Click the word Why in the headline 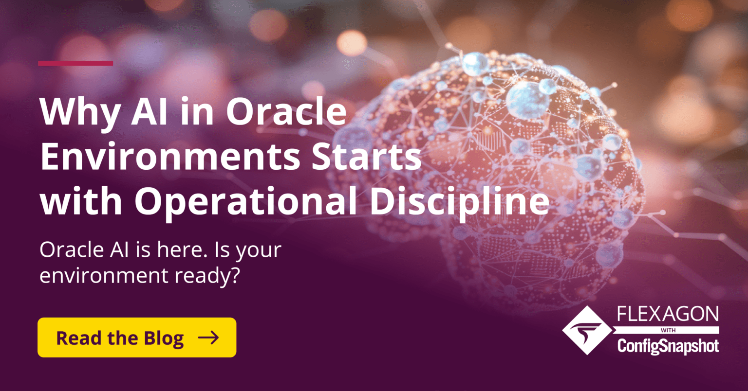click(72, 113)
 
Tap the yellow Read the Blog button click(137, 338)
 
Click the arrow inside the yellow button click(208, 338)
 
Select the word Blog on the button click(164, 338)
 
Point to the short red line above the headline click(75, 63)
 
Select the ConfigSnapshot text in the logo click(668, 346)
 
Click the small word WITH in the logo click(667, 331)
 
